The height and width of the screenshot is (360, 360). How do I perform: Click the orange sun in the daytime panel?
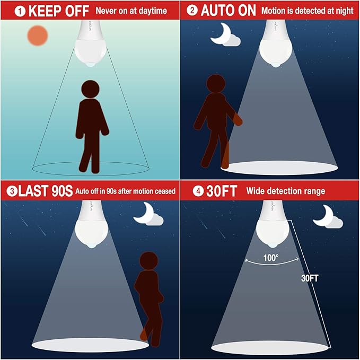38,36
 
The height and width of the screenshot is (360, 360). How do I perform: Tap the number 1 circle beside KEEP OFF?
20,11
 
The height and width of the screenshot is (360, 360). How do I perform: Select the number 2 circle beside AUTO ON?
192,10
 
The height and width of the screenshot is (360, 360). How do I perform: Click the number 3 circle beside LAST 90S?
12,191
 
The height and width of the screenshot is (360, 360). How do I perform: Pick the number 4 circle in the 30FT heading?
198,191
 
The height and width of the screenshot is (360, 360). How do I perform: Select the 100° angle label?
271,258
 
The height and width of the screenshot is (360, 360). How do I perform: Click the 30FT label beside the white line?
310,278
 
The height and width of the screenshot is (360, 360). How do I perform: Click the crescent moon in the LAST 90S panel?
145,213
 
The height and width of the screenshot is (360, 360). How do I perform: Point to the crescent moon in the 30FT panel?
324,216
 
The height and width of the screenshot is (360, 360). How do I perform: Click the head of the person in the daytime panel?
90,89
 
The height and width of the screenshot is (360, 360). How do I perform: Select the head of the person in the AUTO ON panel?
216,84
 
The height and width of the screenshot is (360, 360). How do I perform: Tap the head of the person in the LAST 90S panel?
149,261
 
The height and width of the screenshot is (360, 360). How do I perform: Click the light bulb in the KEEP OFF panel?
91,43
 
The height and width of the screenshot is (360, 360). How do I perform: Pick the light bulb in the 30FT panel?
272,224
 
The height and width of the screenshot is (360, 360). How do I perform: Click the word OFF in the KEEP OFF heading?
77,11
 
